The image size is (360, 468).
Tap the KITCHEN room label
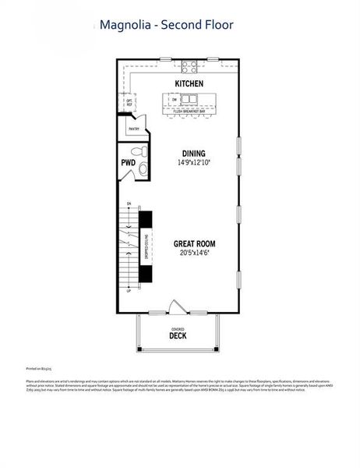coord(189,83)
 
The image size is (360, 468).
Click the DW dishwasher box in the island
coord(175,100)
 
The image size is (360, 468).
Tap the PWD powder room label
coord(128,162)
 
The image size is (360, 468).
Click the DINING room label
coord(193,153)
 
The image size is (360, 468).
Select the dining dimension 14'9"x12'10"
coord(193,163)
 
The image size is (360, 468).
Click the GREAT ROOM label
coord(194,243)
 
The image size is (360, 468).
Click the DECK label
coord(178,337)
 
